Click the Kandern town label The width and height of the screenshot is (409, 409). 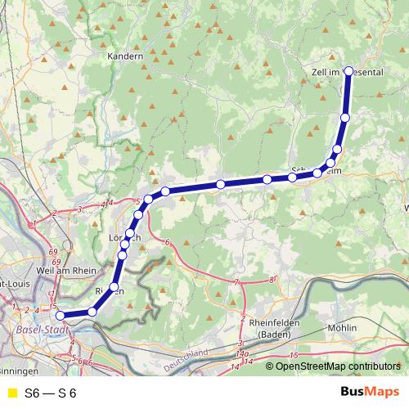[x=125, y=57]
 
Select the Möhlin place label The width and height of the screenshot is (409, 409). [x=340, y=327]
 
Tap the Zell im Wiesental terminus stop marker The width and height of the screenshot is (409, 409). [x=349, y=71]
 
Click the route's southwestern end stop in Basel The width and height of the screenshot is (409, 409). [x=60, y=315]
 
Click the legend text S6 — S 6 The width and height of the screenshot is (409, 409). [x=50, y=393]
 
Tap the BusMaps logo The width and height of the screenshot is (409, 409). [x=370, y=393]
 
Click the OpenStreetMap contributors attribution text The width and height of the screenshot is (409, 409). [x=339, y=366]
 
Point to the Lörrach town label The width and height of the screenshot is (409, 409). [x=125, y=237]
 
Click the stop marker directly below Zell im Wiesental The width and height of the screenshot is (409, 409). [x=344, y=119]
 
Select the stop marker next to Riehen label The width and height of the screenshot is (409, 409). [x=114, y=286]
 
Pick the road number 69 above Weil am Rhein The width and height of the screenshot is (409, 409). [x=54, y=250]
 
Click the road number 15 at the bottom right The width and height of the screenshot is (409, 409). [x=294, y=355]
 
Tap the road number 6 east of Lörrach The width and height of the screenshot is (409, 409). [x=166, y=242]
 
